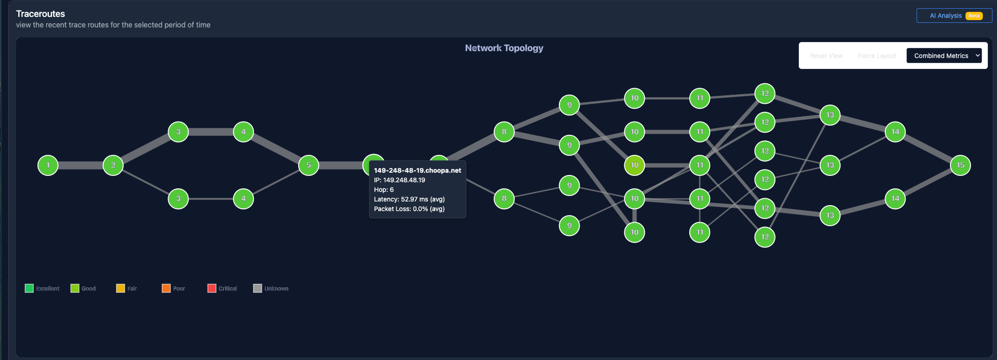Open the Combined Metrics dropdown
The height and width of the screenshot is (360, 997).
(x=944, y=56)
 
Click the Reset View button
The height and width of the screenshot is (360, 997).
(x=826, y=56)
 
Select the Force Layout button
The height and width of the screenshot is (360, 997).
(x=877, y=56)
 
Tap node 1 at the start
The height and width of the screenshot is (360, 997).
(x=48, y=165)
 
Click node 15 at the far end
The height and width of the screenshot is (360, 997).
(x=960, y=165)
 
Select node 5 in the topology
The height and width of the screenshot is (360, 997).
(x=308, y=165)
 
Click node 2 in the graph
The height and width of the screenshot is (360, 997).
(x=113, y=165)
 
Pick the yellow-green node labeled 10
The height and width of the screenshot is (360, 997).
(x=634, y=165)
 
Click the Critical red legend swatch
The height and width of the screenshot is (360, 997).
(x=212, y=288)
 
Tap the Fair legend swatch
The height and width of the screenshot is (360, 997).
(x=121, y=288)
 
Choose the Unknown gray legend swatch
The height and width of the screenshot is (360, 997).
(x=258, y=288)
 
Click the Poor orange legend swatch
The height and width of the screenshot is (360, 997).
(x=166, y=288)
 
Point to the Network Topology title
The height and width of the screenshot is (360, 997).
(x=504, y=48)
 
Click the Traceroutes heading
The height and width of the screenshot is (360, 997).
(x=41, y=14)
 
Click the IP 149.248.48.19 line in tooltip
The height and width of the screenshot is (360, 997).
(x=400, y=180)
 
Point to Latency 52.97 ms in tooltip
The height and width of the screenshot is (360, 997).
(x=409, y=199)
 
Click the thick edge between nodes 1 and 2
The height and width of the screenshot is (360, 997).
(x=80, y=165)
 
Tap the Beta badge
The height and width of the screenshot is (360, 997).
(x=974, y=16)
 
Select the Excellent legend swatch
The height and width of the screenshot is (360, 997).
(x=29, y=288)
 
